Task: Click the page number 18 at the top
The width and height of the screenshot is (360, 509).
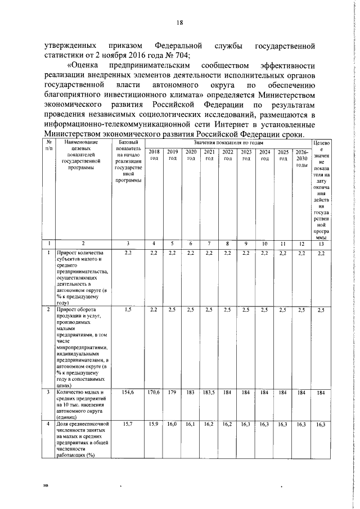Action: [x=180, y=22]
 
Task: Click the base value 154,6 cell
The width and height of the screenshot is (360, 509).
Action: [x=128, y=391]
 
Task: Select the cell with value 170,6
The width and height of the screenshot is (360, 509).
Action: [x=154, y=391]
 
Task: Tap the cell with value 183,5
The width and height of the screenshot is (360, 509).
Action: [x=209, y=391]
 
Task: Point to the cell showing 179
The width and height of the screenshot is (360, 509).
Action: [x=173, y=391]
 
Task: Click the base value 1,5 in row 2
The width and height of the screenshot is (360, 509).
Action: [x=128, y=310]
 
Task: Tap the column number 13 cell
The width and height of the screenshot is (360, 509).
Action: [x=321, y=244]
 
